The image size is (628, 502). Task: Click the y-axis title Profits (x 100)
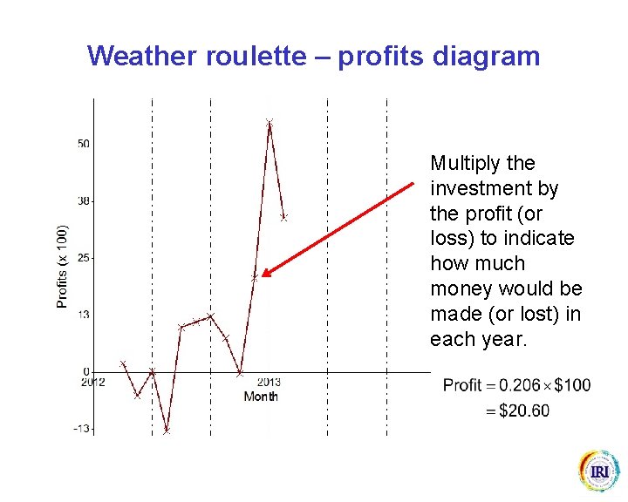(x=62, y=267)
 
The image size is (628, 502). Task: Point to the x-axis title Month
(x=261, y=397)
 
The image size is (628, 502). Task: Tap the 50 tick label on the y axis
(x=83, y=143)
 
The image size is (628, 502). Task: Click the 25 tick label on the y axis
(x=83, y=258)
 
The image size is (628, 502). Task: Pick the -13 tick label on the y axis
(x=81, y=429)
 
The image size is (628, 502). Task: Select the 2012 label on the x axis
(x=93, y=383)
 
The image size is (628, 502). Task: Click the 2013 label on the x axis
(x=269, y=383)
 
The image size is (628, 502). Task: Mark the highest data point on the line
(x=270, y=123)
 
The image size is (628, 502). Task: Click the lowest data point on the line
(x=167, y=431)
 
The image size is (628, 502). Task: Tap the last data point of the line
(x=284, y=217)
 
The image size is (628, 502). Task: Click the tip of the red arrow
(x=263, y=275)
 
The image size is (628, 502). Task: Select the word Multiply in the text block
(x=464, y=164)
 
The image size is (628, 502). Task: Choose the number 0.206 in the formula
(x=515, y=385)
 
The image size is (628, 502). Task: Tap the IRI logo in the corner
(x=599, y=471)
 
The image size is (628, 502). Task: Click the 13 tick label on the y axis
(x=83, y=315)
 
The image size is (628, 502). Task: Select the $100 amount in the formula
(x=571, y=385)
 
